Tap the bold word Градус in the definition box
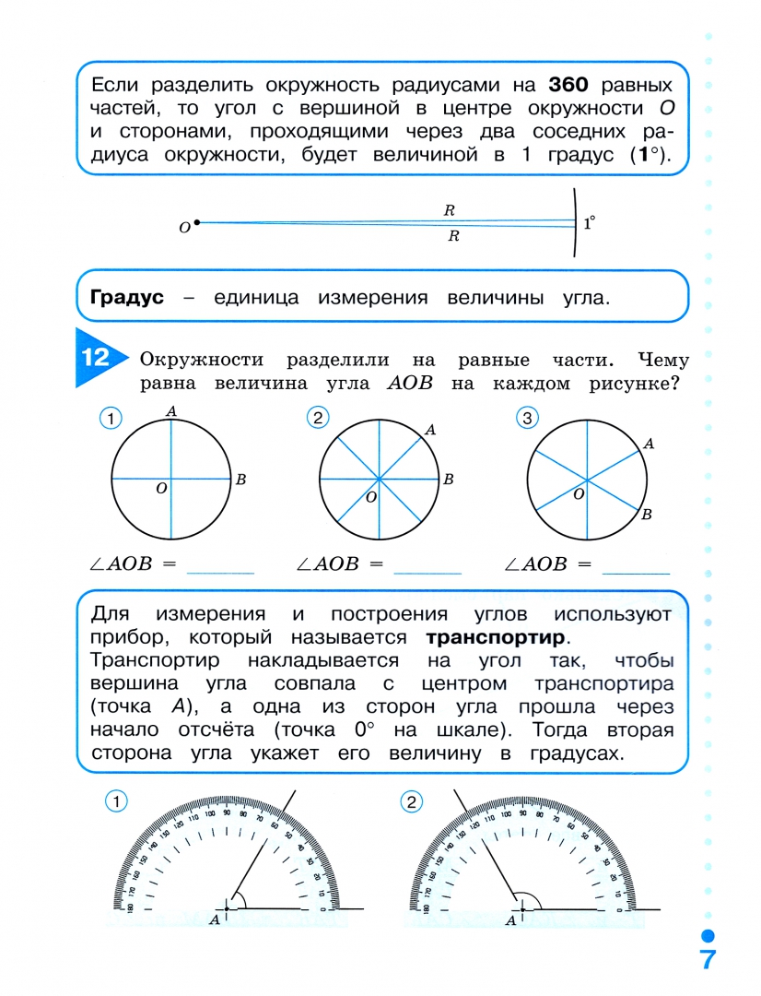(127, 298)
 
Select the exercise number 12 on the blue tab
(96, 359)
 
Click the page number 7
(707, 958)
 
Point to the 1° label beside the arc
(589, 222)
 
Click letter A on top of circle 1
(171, 411)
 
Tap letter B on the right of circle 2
(448, 479)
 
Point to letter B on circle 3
(647, 515)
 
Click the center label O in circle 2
(370, 498)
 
